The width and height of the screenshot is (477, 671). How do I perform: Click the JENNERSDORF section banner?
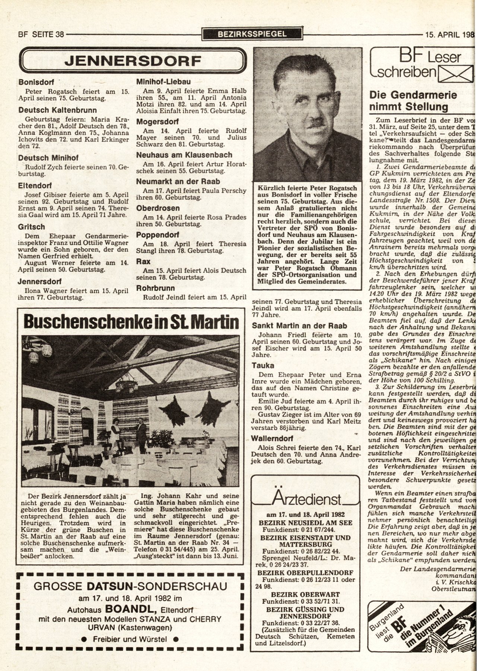pyautogui.click(x=133, y=61)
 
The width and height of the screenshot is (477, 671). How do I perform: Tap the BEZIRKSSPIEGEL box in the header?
pyautogui.click(x=252, y=34)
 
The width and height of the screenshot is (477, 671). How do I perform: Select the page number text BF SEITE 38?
pyautogui.click(x=41, y=35)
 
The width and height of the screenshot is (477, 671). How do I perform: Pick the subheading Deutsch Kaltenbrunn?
pyautogui.click(x=57, y=110)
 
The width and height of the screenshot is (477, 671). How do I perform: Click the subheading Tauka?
pyautogui.click(x=263, y=365)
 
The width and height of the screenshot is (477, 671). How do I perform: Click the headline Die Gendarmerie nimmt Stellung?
pyautogui.click(x=413, y=101)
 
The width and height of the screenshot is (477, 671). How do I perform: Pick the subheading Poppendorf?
pyautogui.click(x=158, y=235)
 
